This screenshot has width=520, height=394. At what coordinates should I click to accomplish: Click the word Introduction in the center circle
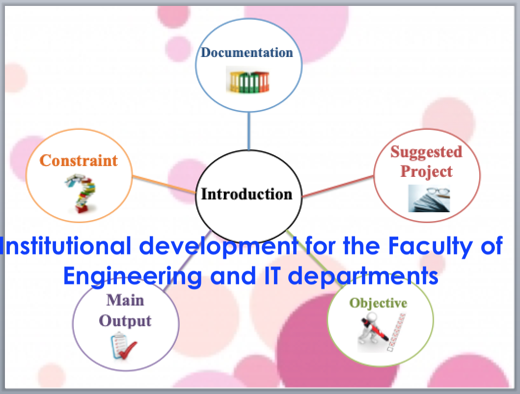point(246,194)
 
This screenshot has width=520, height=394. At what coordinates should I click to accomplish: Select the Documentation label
point(247,53)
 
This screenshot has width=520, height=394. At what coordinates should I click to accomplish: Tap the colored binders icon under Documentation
point(248,80)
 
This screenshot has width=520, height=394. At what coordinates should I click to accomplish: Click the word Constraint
point(79,161)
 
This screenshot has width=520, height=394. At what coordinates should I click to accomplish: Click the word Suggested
point(426,152)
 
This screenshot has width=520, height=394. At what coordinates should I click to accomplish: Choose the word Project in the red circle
point(427,172)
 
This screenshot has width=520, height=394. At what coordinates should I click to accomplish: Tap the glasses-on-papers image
point(429,198)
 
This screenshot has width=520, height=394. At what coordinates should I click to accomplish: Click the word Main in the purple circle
point(125,300)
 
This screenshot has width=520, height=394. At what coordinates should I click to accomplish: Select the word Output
point(125,321)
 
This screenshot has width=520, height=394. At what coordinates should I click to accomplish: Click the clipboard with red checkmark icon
point(123,346)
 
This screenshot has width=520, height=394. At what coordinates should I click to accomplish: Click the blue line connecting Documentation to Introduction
point(249,131)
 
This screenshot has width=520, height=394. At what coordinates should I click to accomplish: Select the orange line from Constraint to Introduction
point(164,185)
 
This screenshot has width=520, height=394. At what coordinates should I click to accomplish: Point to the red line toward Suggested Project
point(338,186)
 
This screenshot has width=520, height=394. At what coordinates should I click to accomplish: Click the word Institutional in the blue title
point(65,246)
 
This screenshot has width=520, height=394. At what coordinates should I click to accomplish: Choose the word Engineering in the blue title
point(132,277)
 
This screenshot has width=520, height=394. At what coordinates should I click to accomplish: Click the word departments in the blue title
point(363,277)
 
